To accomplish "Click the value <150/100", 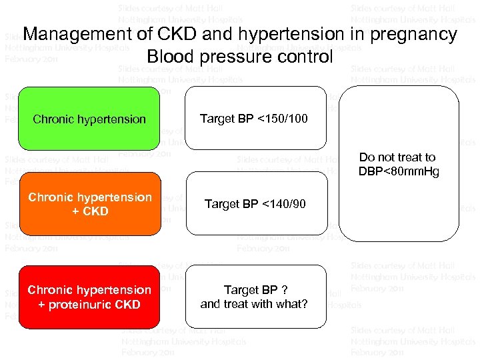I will point(283,119).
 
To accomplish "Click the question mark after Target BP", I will point(285,290).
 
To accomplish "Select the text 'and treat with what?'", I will point(254,305).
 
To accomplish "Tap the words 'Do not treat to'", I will point(397,157).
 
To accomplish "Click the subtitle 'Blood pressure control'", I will point(239,57).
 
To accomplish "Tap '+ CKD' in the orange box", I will point(89,211).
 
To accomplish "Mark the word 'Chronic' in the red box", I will point(50,290).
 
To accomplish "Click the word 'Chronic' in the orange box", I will point(51,197).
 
